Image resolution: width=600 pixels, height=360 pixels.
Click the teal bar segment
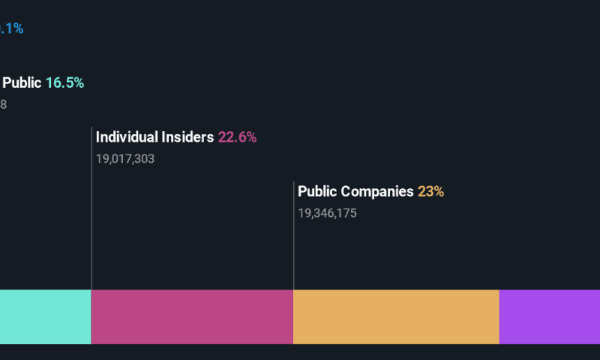point(45,316)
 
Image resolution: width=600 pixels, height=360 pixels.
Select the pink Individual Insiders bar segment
point(192,316)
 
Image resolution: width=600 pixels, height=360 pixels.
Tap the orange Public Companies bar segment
point(396,316)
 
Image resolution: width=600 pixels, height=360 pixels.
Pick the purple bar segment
point(549,316)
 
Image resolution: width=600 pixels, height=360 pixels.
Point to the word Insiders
point(188,137)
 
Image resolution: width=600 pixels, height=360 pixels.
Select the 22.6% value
point(237,137)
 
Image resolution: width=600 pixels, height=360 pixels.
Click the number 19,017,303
point(125,159)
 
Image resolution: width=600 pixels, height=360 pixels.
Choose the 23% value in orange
point(431,191)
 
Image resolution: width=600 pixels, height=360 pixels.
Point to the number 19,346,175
point(327,213)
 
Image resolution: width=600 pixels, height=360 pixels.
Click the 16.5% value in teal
point(64,83)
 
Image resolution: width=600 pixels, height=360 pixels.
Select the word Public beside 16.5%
point(22,83)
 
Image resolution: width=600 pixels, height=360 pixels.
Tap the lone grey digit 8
point(3,105)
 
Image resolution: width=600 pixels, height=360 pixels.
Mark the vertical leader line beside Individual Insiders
point(91,210)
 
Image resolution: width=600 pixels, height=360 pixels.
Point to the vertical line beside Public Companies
point(294,236)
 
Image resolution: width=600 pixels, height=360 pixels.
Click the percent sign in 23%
point(439,191)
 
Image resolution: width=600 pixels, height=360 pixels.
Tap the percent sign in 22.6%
point(251,137)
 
